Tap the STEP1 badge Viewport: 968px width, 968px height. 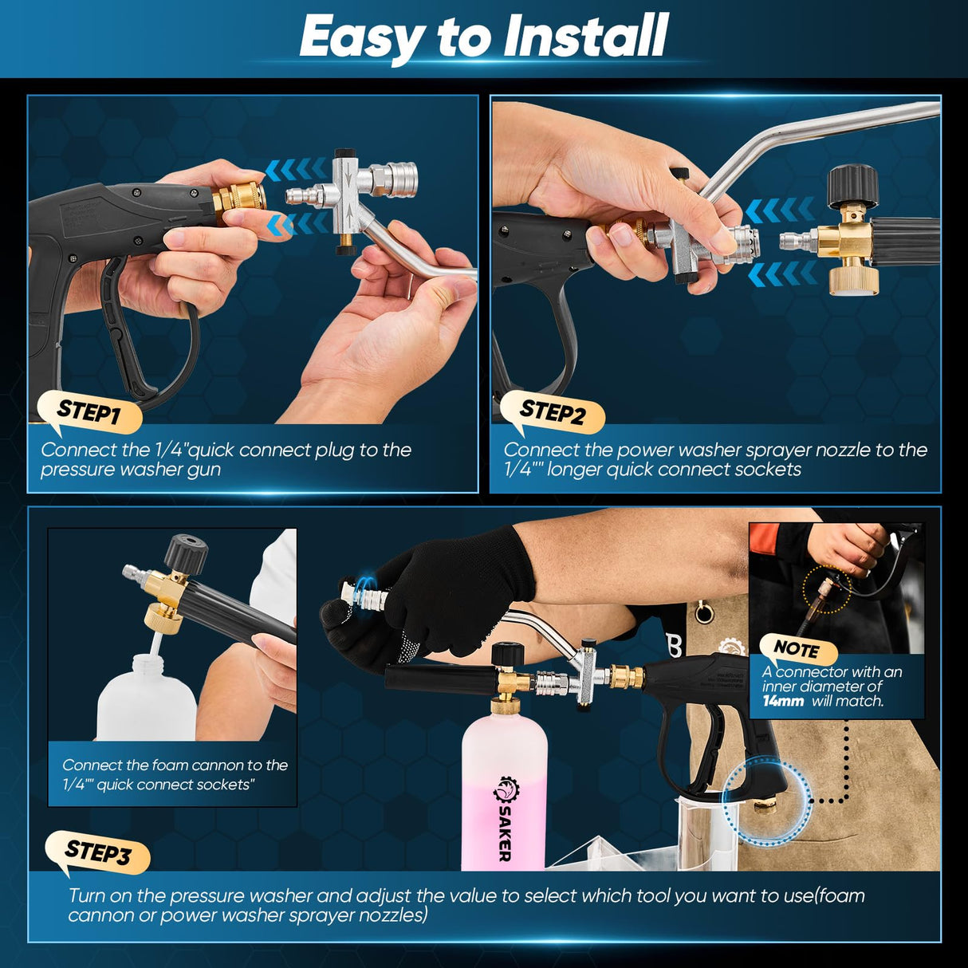pos(89,411)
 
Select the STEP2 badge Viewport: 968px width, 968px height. pos(552,412)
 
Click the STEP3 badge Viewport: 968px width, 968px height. pos(97,852)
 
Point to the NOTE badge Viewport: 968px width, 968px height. pos(795,648)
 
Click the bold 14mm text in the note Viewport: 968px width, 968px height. pos(782,702)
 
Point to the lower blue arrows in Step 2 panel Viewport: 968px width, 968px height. pos(782,273)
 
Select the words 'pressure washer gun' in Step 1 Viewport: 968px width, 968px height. pos(131,470)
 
